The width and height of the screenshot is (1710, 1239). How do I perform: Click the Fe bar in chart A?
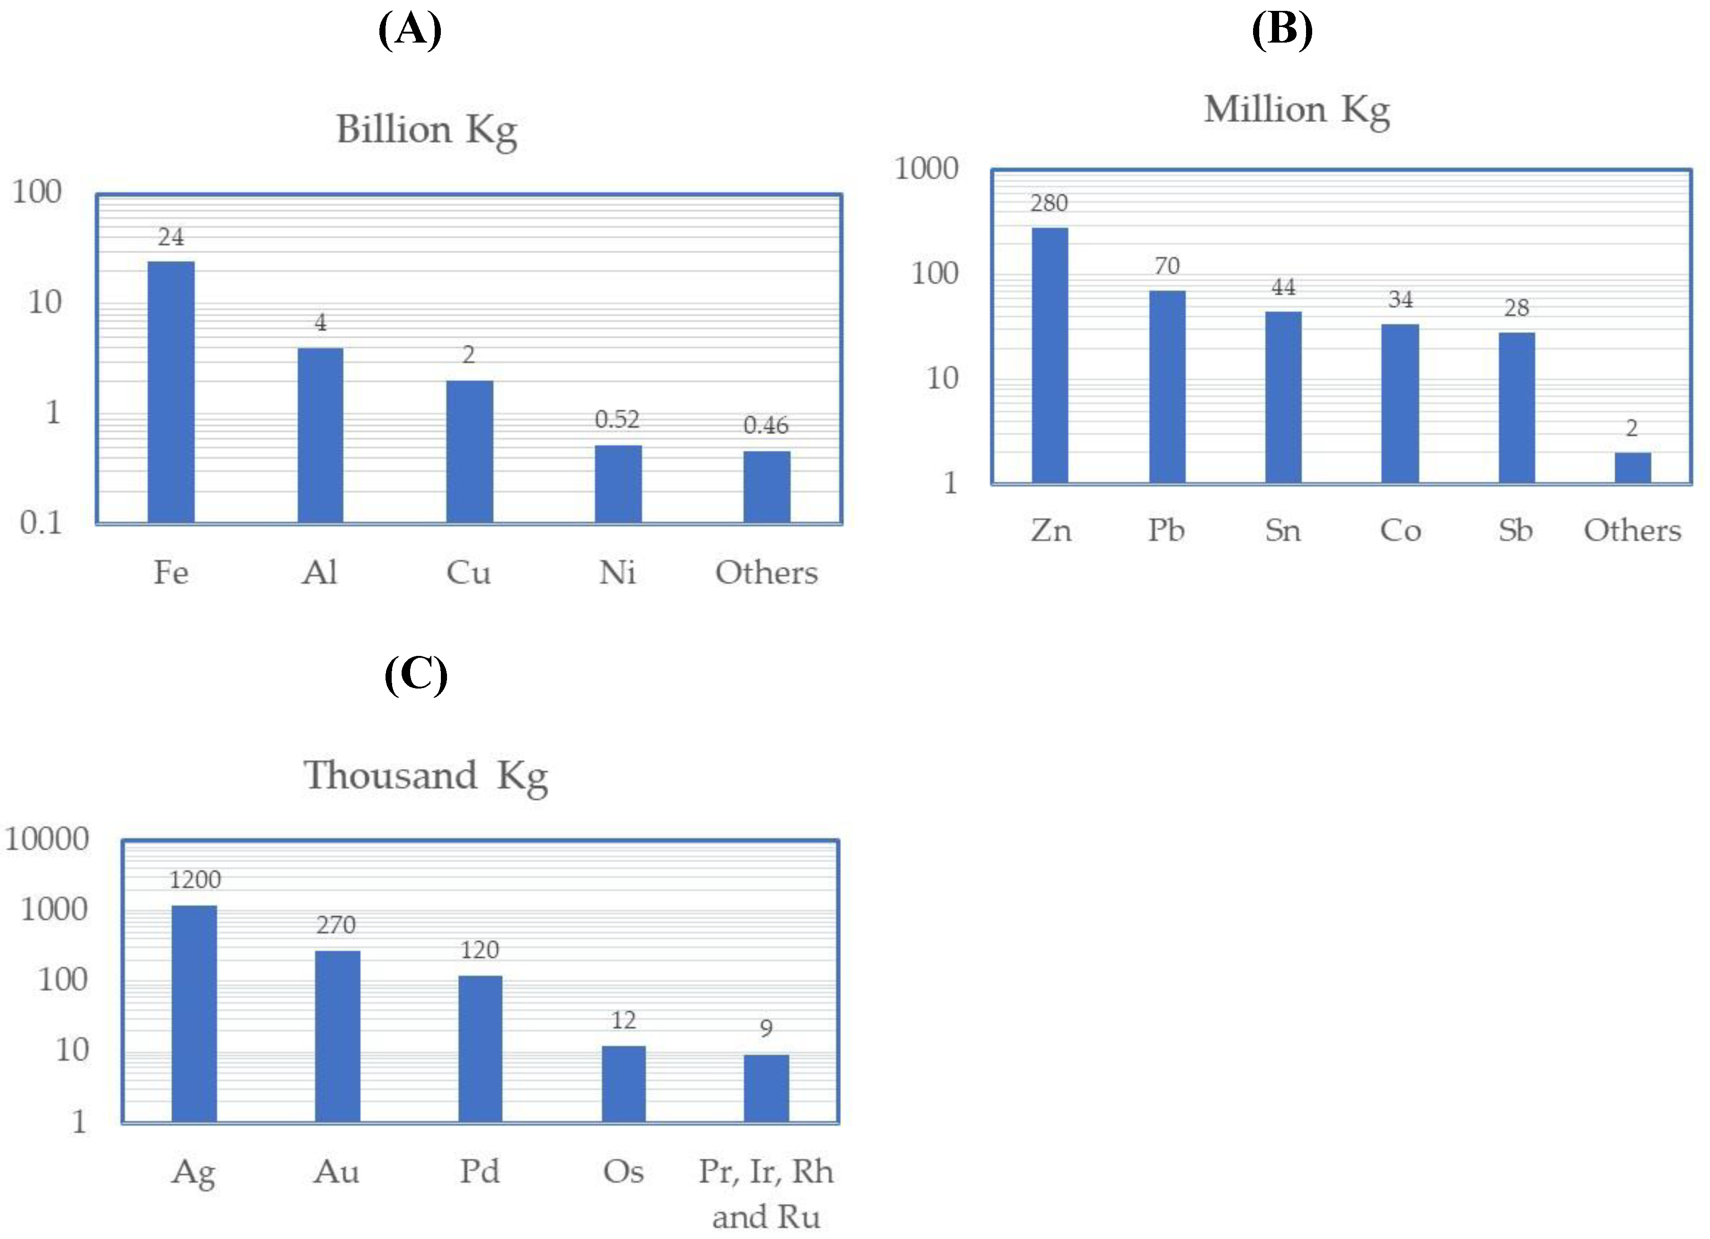tap(171, 392)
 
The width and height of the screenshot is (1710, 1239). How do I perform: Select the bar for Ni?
tap(618, 484)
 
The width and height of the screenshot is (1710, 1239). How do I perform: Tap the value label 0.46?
tap(766, 426)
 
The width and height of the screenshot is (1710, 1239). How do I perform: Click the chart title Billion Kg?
tap(427, 130)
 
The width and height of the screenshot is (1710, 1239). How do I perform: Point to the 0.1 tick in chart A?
tap(41, 522)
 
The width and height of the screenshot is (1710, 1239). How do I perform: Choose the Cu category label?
tap(468, 573)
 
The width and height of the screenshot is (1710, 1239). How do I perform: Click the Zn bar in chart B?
tap(1050, 354)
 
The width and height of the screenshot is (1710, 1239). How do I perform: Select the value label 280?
tap(1049, 203)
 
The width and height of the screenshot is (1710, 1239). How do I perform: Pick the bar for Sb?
tap(1516, 407)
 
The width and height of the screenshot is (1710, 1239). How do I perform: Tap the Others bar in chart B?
tap(1632, 467)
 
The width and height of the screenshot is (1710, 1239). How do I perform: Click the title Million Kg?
tap(1297, 110)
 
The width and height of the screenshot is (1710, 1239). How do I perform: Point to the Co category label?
tap(1400, 531)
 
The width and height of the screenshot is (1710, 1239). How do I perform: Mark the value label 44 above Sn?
tap(1283, 287)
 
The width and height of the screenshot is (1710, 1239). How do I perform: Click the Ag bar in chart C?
tap(194, 1013)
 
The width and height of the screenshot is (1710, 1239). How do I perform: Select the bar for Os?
tap(623, 1084)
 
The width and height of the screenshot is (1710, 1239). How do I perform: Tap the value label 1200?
tap(194, 880)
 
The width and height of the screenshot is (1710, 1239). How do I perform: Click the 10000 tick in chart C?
tap(47, 839)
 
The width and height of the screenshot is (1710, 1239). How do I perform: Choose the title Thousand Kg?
tap(426, 776)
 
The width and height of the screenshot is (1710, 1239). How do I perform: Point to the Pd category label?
tap(480, 1172)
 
